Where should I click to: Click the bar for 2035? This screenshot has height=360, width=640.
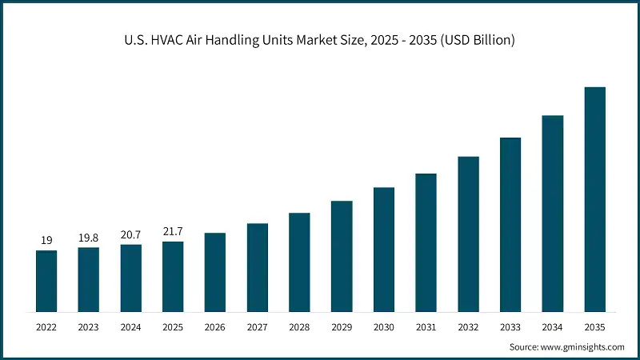click(x=594, y=199)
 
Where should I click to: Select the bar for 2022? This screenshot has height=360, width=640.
click(x=46, y=281)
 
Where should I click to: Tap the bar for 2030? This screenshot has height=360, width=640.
click(x=384, y=250)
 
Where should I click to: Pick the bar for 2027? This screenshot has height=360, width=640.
click(x=258, y=267)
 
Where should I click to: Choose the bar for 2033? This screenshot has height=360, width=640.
click(x=510, y=225)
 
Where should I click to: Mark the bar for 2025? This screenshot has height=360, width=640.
click(x=173, y=276)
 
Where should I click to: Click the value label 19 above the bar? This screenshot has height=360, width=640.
click(x=46, y=240)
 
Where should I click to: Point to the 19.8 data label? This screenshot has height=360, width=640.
click(x=89, y=237)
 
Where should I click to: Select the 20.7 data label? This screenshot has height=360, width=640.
click(x=131, y=234)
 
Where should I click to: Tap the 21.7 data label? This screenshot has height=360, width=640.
click(x=173, y=230)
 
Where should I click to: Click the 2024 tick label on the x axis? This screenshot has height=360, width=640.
click(x=131, y=326)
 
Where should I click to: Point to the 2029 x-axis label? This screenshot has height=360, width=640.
click(x=342, y=326)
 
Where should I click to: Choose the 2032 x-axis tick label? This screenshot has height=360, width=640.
click(x=468, y=326)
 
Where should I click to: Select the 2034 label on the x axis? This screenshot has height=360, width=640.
click(x=553, y=326)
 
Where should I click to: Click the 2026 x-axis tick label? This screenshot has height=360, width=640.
click(x=215, y=326)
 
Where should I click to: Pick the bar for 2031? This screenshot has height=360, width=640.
click(x=426, y=242)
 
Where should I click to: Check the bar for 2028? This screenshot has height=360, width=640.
click(x=299, y=262)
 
